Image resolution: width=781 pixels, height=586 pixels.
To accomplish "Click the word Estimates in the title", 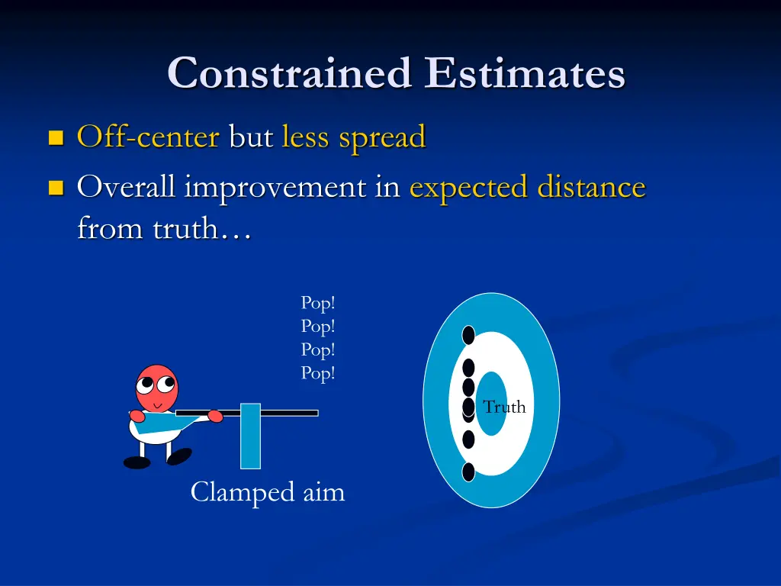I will (525, 74).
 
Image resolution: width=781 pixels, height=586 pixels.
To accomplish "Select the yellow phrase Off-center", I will (148, 137).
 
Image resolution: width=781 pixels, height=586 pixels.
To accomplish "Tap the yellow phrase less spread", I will (353, 137).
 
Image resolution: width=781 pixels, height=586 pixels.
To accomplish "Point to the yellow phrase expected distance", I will (527, 187).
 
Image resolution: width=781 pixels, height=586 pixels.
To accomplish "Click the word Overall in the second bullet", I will (127, 187).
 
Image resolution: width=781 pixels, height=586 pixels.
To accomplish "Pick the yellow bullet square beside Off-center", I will (55, 138).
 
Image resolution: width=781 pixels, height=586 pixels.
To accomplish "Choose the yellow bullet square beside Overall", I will (55, 188).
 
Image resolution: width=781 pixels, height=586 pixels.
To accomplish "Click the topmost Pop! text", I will (318, 303).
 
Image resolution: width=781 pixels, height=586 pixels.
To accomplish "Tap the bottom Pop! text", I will (318, 374).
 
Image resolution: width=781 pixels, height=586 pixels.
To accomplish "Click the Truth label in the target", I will (504, 407).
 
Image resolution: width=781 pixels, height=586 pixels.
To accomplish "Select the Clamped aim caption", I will (268, 492).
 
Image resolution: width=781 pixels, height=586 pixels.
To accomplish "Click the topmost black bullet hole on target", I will (468, 335).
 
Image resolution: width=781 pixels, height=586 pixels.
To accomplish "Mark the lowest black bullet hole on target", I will (468, 472).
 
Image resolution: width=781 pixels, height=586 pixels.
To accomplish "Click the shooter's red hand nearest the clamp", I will (215, 417).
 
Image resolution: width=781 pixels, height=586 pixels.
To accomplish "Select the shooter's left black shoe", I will (137, 462).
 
